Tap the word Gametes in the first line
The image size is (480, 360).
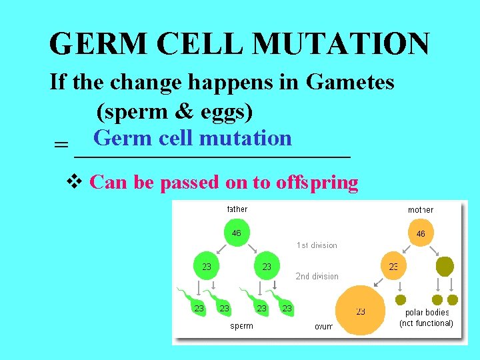(350, 82)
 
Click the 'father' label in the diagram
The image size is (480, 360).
(237, 209)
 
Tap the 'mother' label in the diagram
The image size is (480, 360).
(421, 210)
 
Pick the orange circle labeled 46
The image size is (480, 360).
(420, 234)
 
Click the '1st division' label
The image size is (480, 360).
(317, 245)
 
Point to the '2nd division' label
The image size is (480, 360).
(317, 276)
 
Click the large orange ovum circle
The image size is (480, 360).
(360, 311)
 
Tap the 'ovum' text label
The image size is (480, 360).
(323, 327)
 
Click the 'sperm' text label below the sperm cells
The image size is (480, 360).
(241, 326)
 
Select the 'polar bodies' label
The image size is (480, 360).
(427, 313)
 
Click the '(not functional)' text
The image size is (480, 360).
(426, 323)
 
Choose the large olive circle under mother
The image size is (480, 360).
(444, 267)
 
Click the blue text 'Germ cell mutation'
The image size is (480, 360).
(193, 138)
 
